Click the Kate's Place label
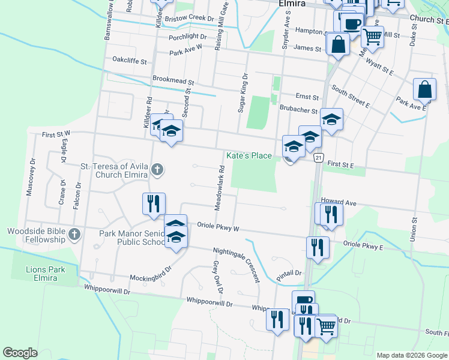[249, 155]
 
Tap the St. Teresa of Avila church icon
[157, 170]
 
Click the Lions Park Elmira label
[45, 274]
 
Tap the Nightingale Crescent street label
[236, 265]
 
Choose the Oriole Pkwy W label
[218, 228]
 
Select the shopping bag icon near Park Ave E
[424, 89]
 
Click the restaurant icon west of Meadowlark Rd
[154, 203]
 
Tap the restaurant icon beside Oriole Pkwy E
[317, 247]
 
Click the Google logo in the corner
[20, 352]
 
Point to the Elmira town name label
[292, 4]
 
